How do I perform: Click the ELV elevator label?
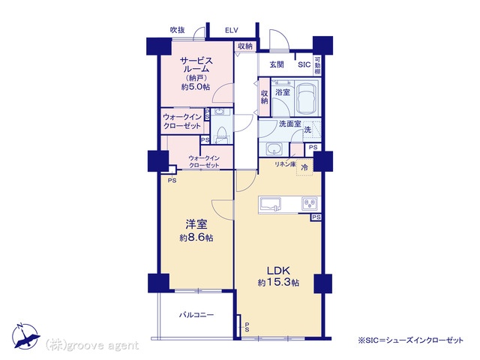click(x=232, y=30)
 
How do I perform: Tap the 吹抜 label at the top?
click(x=177, y=30)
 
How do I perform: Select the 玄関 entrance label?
click(x=277, y=64)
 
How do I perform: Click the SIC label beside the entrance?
click(x=304, y=64)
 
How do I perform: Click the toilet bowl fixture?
click(x=221, y=133)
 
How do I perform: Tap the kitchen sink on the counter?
click(x=270, y=205)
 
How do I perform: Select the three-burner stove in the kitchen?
click(x=310, y=204)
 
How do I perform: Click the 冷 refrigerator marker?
click(x=304, y=168)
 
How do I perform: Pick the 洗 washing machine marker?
click(x=307, y=130)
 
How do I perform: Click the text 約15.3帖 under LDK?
click(x=278, y=283)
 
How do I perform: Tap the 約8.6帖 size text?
click(x=196, y=238)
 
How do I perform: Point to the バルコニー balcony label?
click(x=196, y=315)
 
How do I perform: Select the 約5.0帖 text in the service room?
click(x=196, y=87)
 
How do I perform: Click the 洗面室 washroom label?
click(x=290, y=124)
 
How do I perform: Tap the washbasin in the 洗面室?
click(x=274, y=150)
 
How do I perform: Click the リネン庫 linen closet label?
click(x=285, y=164)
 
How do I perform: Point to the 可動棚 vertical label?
click(x=318, y=65)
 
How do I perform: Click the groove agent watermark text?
click(x=92, y=346)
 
